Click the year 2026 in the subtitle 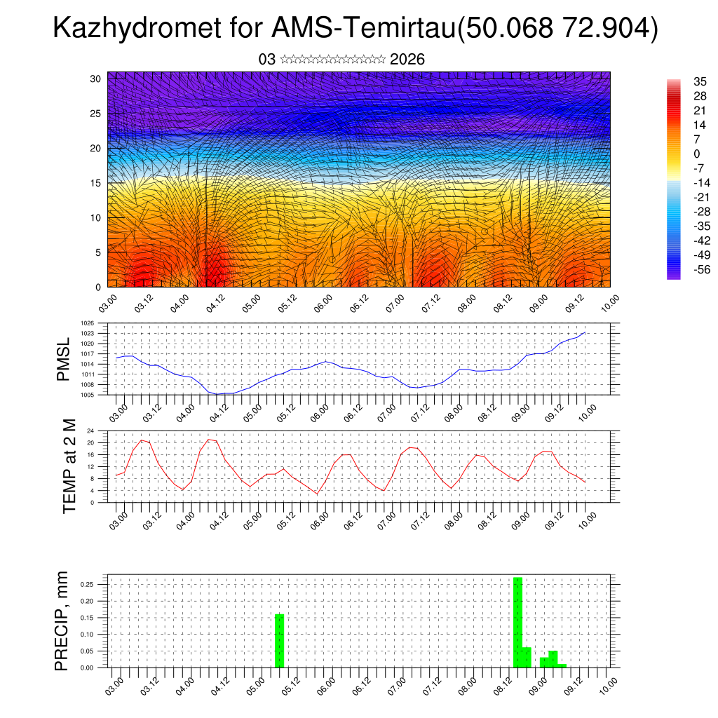(x=407, y=60)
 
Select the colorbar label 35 (x=699, y=81)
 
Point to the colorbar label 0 (x=696, y=154)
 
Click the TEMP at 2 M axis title (x=69, y=466)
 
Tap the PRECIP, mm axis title (x=64, y=621)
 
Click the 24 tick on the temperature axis (x=100, y=431)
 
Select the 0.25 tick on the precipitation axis (x=95, y=584)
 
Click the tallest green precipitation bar (x=517, y=621)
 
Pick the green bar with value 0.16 (x=280, y=640)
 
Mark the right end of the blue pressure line (x=585, y=332)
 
